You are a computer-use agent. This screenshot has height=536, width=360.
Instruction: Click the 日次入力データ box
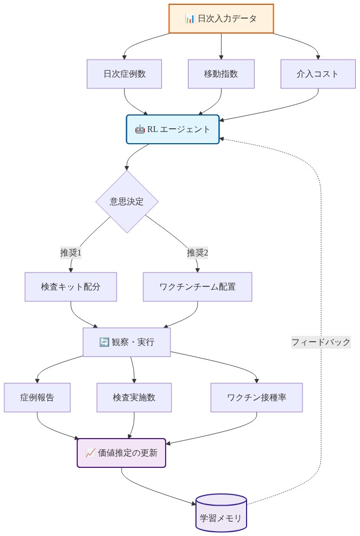tap(221, 19)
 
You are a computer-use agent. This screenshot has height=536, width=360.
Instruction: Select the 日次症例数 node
tap(124, 74)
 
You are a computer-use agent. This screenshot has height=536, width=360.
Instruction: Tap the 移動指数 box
tap(221, 74)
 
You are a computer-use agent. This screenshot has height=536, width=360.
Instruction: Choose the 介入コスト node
tap(318, 74)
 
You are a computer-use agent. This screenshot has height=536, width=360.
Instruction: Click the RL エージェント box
tap(173, 129)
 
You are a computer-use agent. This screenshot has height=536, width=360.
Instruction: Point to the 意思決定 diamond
tap(127, 202)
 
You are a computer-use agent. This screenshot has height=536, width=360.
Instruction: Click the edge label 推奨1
tap(71, 253)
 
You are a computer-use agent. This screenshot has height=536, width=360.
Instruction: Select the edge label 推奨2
tap(198, 253)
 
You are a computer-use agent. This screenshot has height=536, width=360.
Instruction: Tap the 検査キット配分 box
tap(71, 287)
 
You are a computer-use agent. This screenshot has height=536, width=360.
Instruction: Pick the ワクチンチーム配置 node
tap(198, 287)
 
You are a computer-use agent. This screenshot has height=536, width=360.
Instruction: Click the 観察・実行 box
tap(127, 342)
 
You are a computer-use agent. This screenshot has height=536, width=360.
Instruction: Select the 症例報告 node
tap(37, 398)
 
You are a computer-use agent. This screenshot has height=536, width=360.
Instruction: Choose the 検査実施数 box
tap(134, 398)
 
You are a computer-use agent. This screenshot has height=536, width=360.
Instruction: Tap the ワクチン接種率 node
tap(257, 398)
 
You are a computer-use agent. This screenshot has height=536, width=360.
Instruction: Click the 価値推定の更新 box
tap(122, 453)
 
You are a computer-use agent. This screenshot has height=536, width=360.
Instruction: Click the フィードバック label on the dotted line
tap(321, 342)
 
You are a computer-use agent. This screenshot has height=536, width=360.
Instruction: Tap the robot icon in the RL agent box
tap(140, 129)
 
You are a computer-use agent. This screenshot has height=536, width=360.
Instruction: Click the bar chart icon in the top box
tap(190, 19)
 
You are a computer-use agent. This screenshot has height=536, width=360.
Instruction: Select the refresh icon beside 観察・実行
tap(104, 342)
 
